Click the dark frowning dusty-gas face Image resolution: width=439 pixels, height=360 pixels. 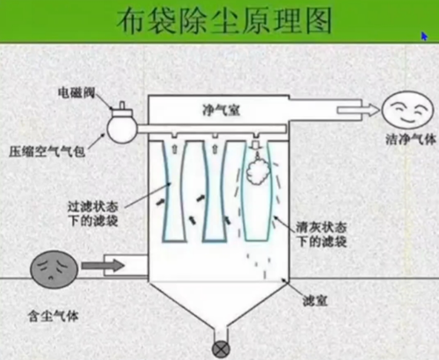[54, 268]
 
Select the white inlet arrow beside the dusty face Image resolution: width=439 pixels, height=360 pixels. [103, 263]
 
